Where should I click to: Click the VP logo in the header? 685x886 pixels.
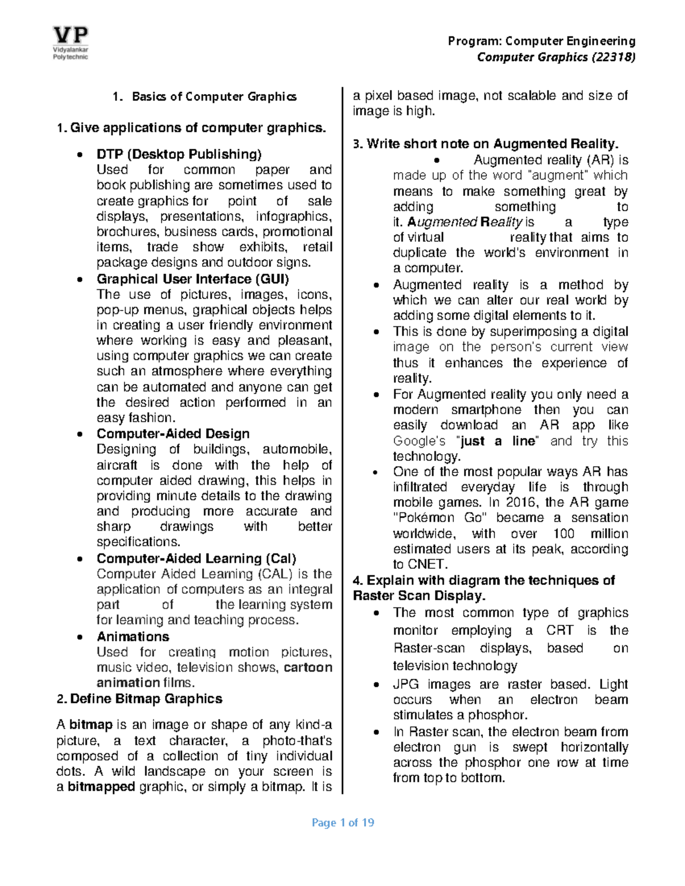click(x=71, y=43)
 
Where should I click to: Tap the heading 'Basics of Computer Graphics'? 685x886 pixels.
click(x=214, y=96)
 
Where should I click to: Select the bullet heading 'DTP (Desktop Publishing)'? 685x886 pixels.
click(x=179, y=154)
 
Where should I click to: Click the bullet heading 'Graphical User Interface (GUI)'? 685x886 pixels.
click(x=193, y=279)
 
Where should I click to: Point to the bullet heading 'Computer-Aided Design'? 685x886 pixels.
click(x=173, y=434)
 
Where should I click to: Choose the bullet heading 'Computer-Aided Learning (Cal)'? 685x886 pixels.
click(x=196, y=559)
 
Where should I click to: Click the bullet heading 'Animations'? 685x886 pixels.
click(x=133, y=637)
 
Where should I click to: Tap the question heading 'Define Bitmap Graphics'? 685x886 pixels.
click(x=146, y=699)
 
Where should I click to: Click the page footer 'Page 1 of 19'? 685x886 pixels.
click(x=342, y=823)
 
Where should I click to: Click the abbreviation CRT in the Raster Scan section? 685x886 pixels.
click(x=560, y=630)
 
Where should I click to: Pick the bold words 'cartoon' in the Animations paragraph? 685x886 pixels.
click(x=308, y=667)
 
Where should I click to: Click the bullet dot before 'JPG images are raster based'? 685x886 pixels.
click(x=376, y=685)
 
